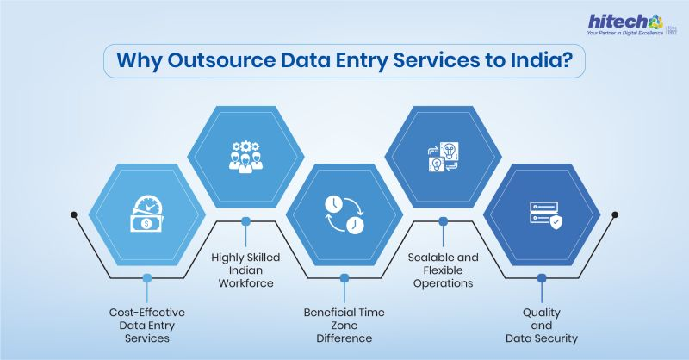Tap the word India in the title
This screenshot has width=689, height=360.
click(540, 64)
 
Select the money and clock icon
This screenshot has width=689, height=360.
click(147, 213)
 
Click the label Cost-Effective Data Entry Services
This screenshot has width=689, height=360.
click(146, 326)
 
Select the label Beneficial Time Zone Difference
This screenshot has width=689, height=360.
click(344, 325)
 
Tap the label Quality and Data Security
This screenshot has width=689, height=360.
click(542, 326)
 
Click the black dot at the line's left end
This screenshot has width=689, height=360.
click(74, 214)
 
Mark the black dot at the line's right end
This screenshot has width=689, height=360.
click(614, 214)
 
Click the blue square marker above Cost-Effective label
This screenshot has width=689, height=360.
click(147, 277)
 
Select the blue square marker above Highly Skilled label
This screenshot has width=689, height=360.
click(245, 221)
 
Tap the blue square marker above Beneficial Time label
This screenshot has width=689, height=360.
click(344, 277)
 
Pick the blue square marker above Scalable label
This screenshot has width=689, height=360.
click(443, 221)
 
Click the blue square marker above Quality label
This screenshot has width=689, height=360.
click(542, 277)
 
